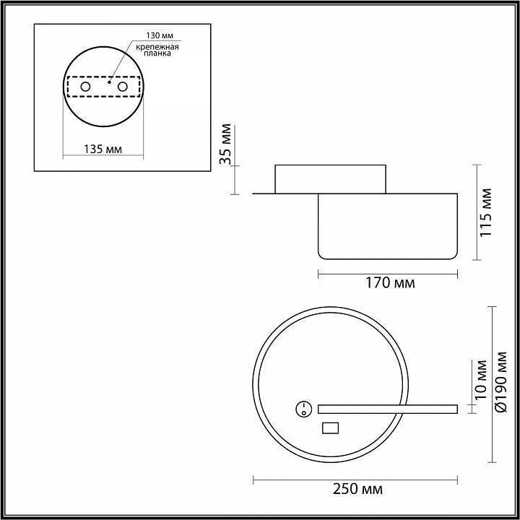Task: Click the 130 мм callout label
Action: point(160,35)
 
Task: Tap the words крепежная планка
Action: point(157,50)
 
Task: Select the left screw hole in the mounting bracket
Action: point(85,87)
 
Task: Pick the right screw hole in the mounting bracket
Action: point(122,87)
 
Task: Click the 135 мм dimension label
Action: point(103,149)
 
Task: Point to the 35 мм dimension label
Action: point(226,144)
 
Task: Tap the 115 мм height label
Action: point(486,212)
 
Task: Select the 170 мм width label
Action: point(390,284)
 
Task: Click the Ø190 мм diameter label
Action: point(500,382)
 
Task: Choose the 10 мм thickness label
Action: point(480,380)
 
